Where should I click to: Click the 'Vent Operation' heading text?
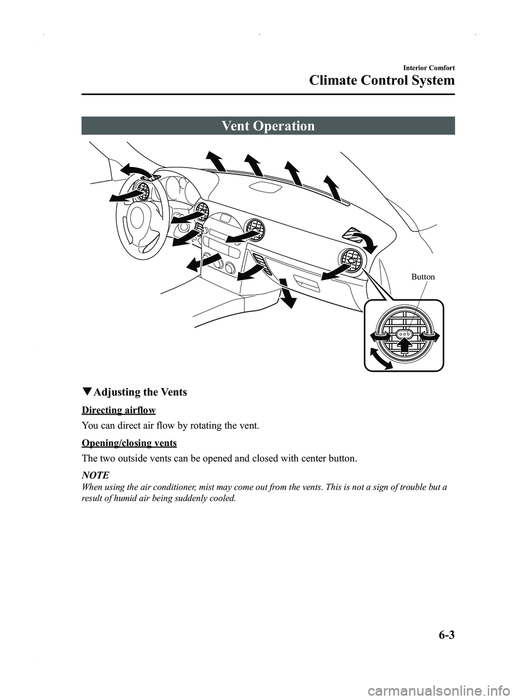coord(268,126)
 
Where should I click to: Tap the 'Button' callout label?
coord(423,277)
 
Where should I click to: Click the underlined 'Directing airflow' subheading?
coord(118,410)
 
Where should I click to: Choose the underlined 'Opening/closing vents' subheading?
coord(129,443)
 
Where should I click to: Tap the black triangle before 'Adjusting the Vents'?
coord(86,392)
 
